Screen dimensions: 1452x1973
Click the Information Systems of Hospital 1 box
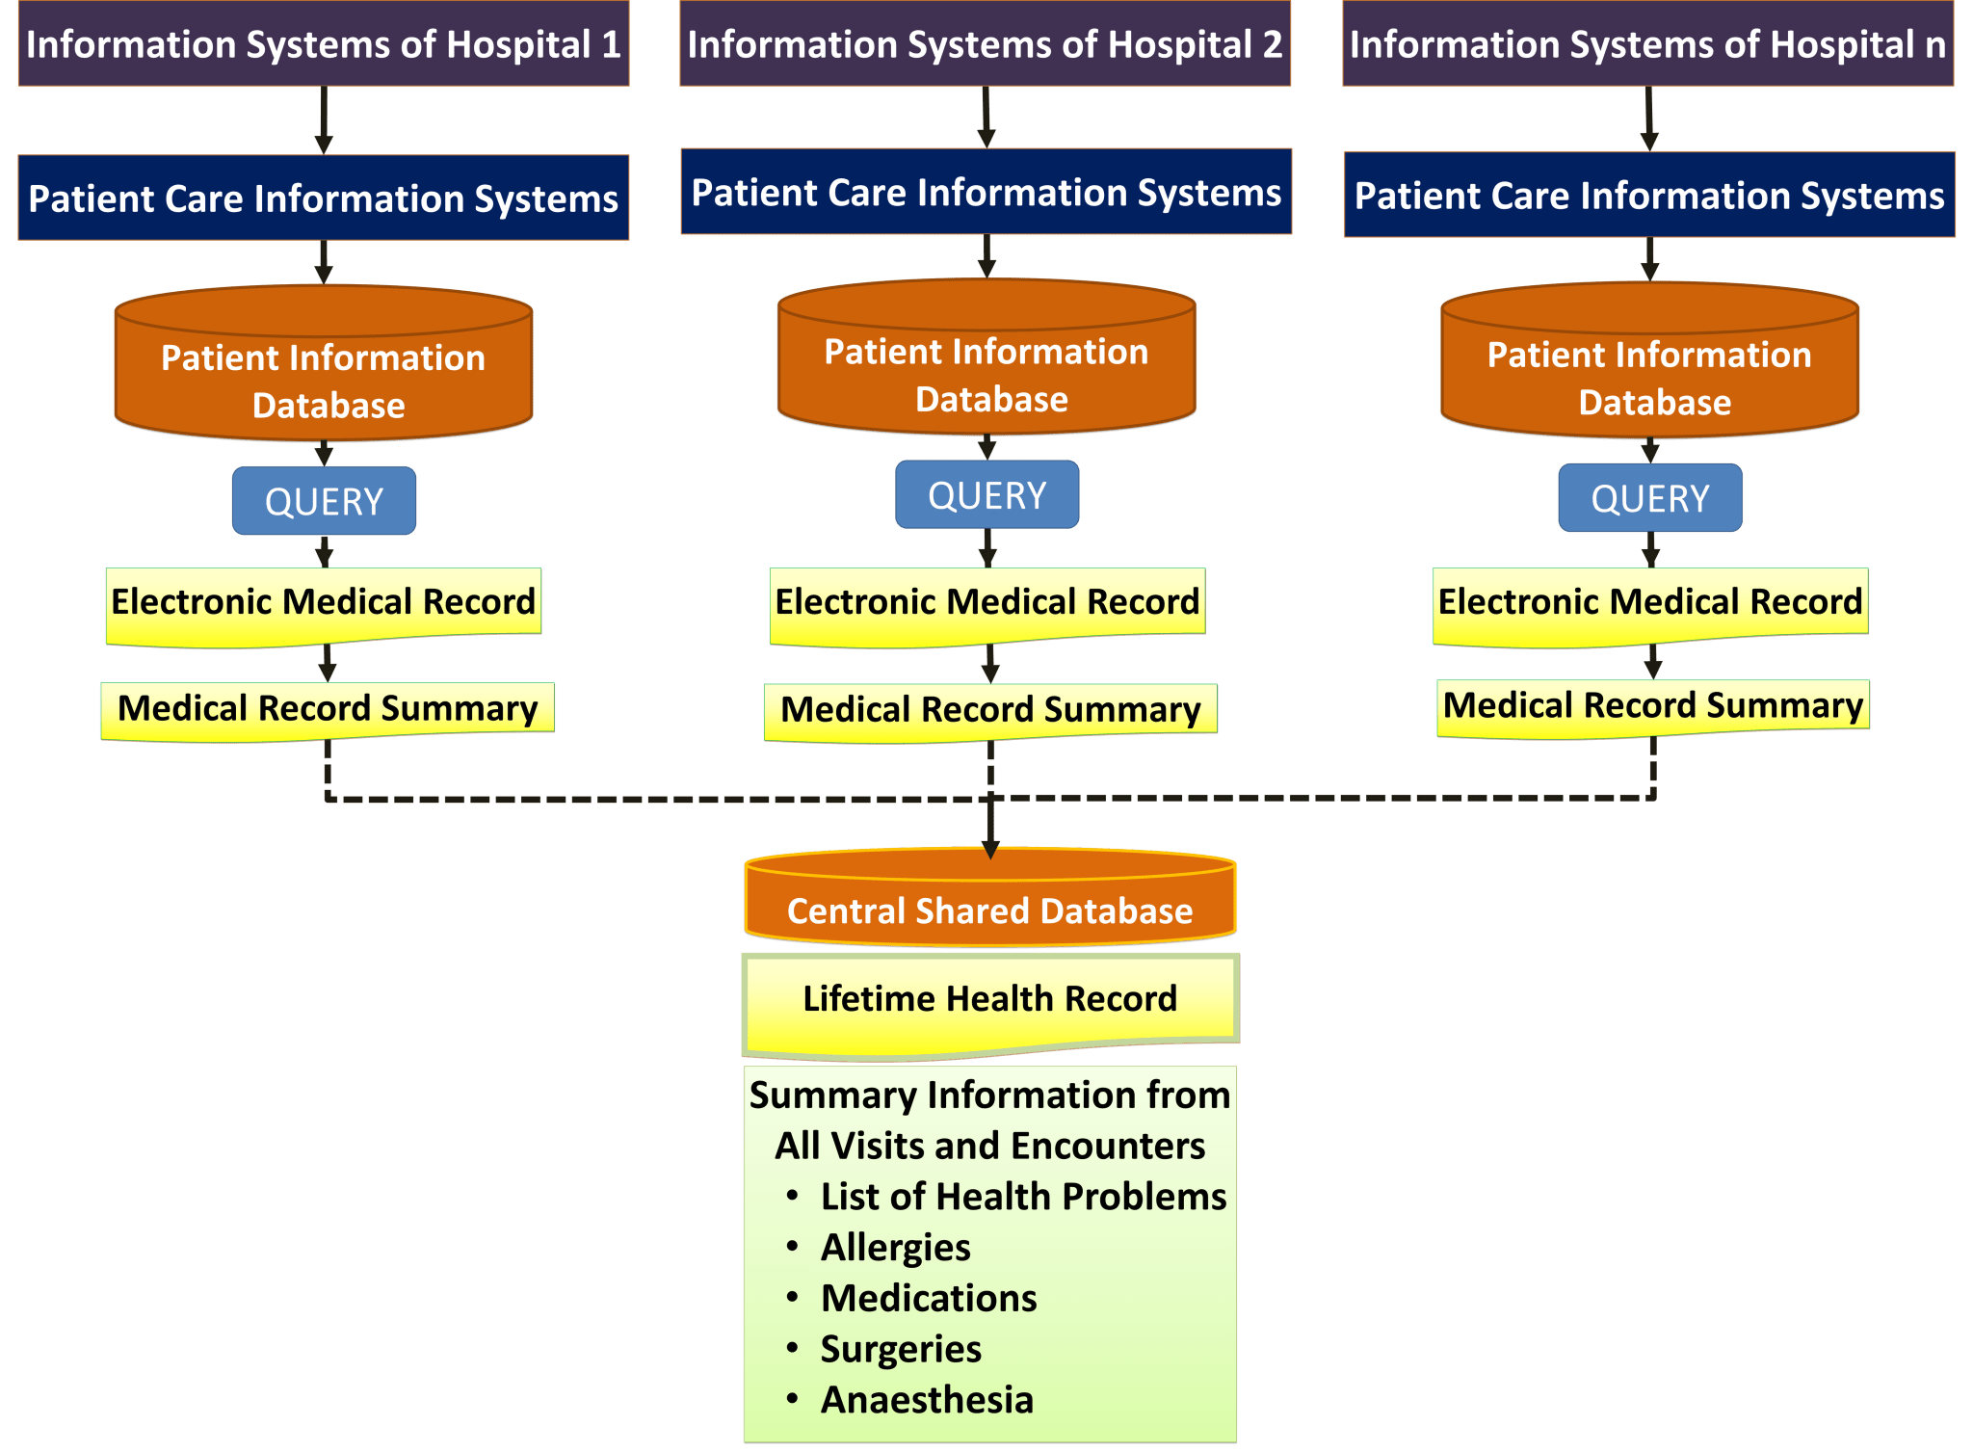pos(323,44)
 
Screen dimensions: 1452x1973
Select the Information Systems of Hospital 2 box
pos(985,44)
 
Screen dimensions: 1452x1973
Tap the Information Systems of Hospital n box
pos(1647,44)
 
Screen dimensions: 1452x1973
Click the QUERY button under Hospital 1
pos(324,501)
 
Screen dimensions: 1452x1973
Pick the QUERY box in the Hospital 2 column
pos(986,495)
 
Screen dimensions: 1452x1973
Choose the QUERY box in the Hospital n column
pos(1649,498)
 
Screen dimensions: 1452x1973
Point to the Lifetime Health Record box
pos(989,999)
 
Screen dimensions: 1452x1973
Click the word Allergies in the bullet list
pos(895,1247)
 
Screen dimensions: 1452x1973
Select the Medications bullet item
pos(928,1298)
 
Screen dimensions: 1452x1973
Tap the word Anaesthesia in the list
pos(926,1400)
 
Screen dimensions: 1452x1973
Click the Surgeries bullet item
pos(900,1349)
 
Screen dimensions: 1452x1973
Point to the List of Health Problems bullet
pos(1022,1197)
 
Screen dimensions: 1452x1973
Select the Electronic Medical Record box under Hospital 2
pos(986,603)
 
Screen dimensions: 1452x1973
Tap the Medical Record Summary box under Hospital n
pos(1652,706)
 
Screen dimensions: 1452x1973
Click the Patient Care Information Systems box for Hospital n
pos(1649,196)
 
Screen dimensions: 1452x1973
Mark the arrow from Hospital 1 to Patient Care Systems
pos(324,119)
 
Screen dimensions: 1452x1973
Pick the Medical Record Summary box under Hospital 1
pos(328,709)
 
